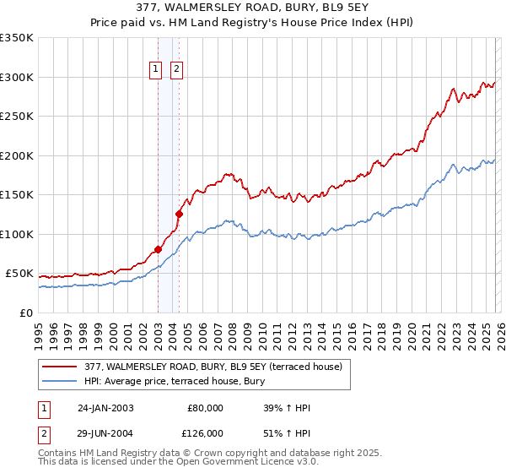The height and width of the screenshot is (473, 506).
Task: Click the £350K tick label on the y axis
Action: (x=17, y=38)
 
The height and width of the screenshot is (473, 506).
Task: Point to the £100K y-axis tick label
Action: (x=17, y=234)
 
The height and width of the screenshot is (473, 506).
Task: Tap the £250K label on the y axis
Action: (x=17, y=117)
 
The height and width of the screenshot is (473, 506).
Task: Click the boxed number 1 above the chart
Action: (x=157, y=70)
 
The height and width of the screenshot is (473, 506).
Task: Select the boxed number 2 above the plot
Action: (x=177, y=70)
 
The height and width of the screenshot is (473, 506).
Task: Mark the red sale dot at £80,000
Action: (x=158, y=250)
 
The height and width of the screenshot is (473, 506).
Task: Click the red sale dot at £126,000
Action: (x=179, y=214)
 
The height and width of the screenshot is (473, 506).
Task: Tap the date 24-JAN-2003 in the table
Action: (x=105, y=408)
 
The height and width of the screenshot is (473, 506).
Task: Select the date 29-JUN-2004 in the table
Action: (x=105, y=432)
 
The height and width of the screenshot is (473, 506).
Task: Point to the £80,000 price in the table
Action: (x=204, y=408)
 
